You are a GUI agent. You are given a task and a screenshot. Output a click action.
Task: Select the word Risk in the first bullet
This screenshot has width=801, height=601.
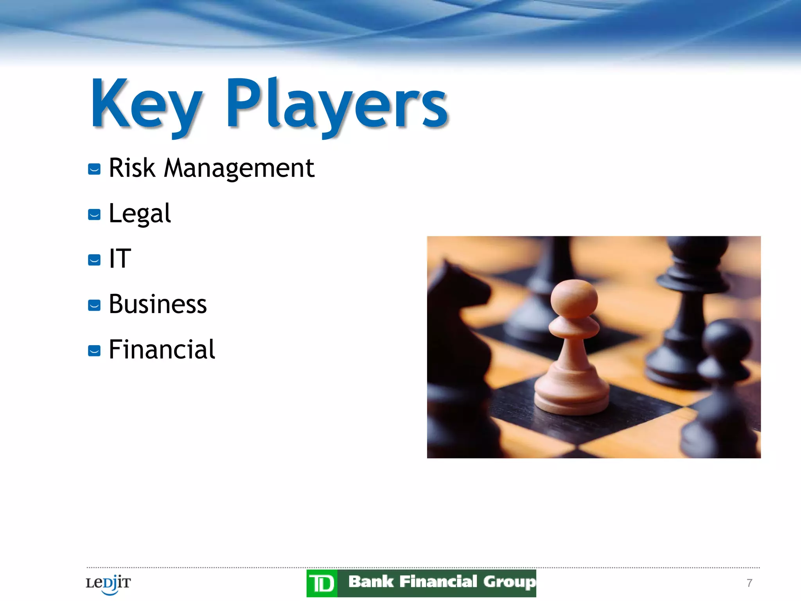pos(132,168)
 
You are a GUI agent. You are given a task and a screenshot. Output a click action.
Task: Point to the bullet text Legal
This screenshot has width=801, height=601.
pos(140,214)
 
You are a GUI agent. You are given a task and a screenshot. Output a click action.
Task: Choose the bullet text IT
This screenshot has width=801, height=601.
pos(120,259)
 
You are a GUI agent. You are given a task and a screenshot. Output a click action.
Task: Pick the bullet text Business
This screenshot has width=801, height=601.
pos(158,304)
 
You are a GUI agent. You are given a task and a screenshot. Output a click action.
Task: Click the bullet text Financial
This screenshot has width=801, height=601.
pos(162,349)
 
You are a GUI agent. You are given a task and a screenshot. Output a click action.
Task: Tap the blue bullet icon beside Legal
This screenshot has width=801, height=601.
pos(94,214)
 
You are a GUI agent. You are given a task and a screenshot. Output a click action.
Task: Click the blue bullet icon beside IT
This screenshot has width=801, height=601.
pos(94,260)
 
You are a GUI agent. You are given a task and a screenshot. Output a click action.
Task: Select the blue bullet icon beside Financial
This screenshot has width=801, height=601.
pos(94,351)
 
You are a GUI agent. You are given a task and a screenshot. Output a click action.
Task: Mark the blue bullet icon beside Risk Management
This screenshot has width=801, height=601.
pos(94,169)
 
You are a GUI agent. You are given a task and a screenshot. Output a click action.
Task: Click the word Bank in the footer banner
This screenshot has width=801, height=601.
pos(370,582)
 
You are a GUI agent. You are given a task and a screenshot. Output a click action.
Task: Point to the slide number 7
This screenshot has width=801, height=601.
pos(749,583)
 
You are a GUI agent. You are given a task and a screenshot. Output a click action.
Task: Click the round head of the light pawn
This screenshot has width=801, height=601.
pos(574,299)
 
